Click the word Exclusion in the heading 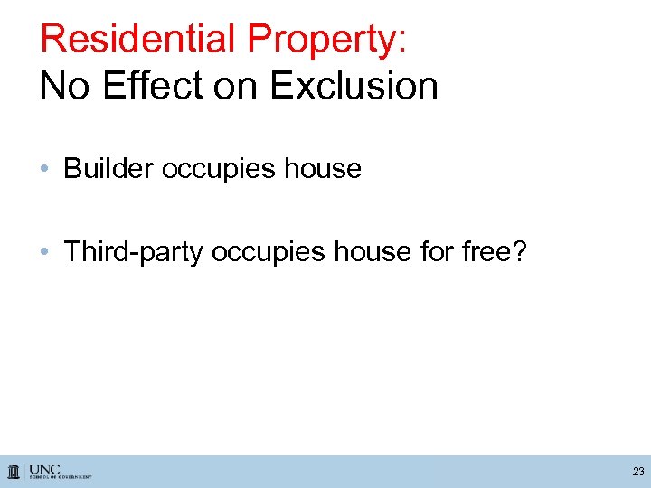(x=354, y=86)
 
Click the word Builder (x=108, y=169)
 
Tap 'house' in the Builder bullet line (x=323, y=169)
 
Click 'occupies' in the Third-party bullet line (x=269, y=252)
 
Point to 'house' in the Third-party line (x=372, y=252)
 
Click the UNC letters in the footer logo (x=44, y=468)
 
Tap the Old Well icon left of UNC (x=15, y=471)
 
